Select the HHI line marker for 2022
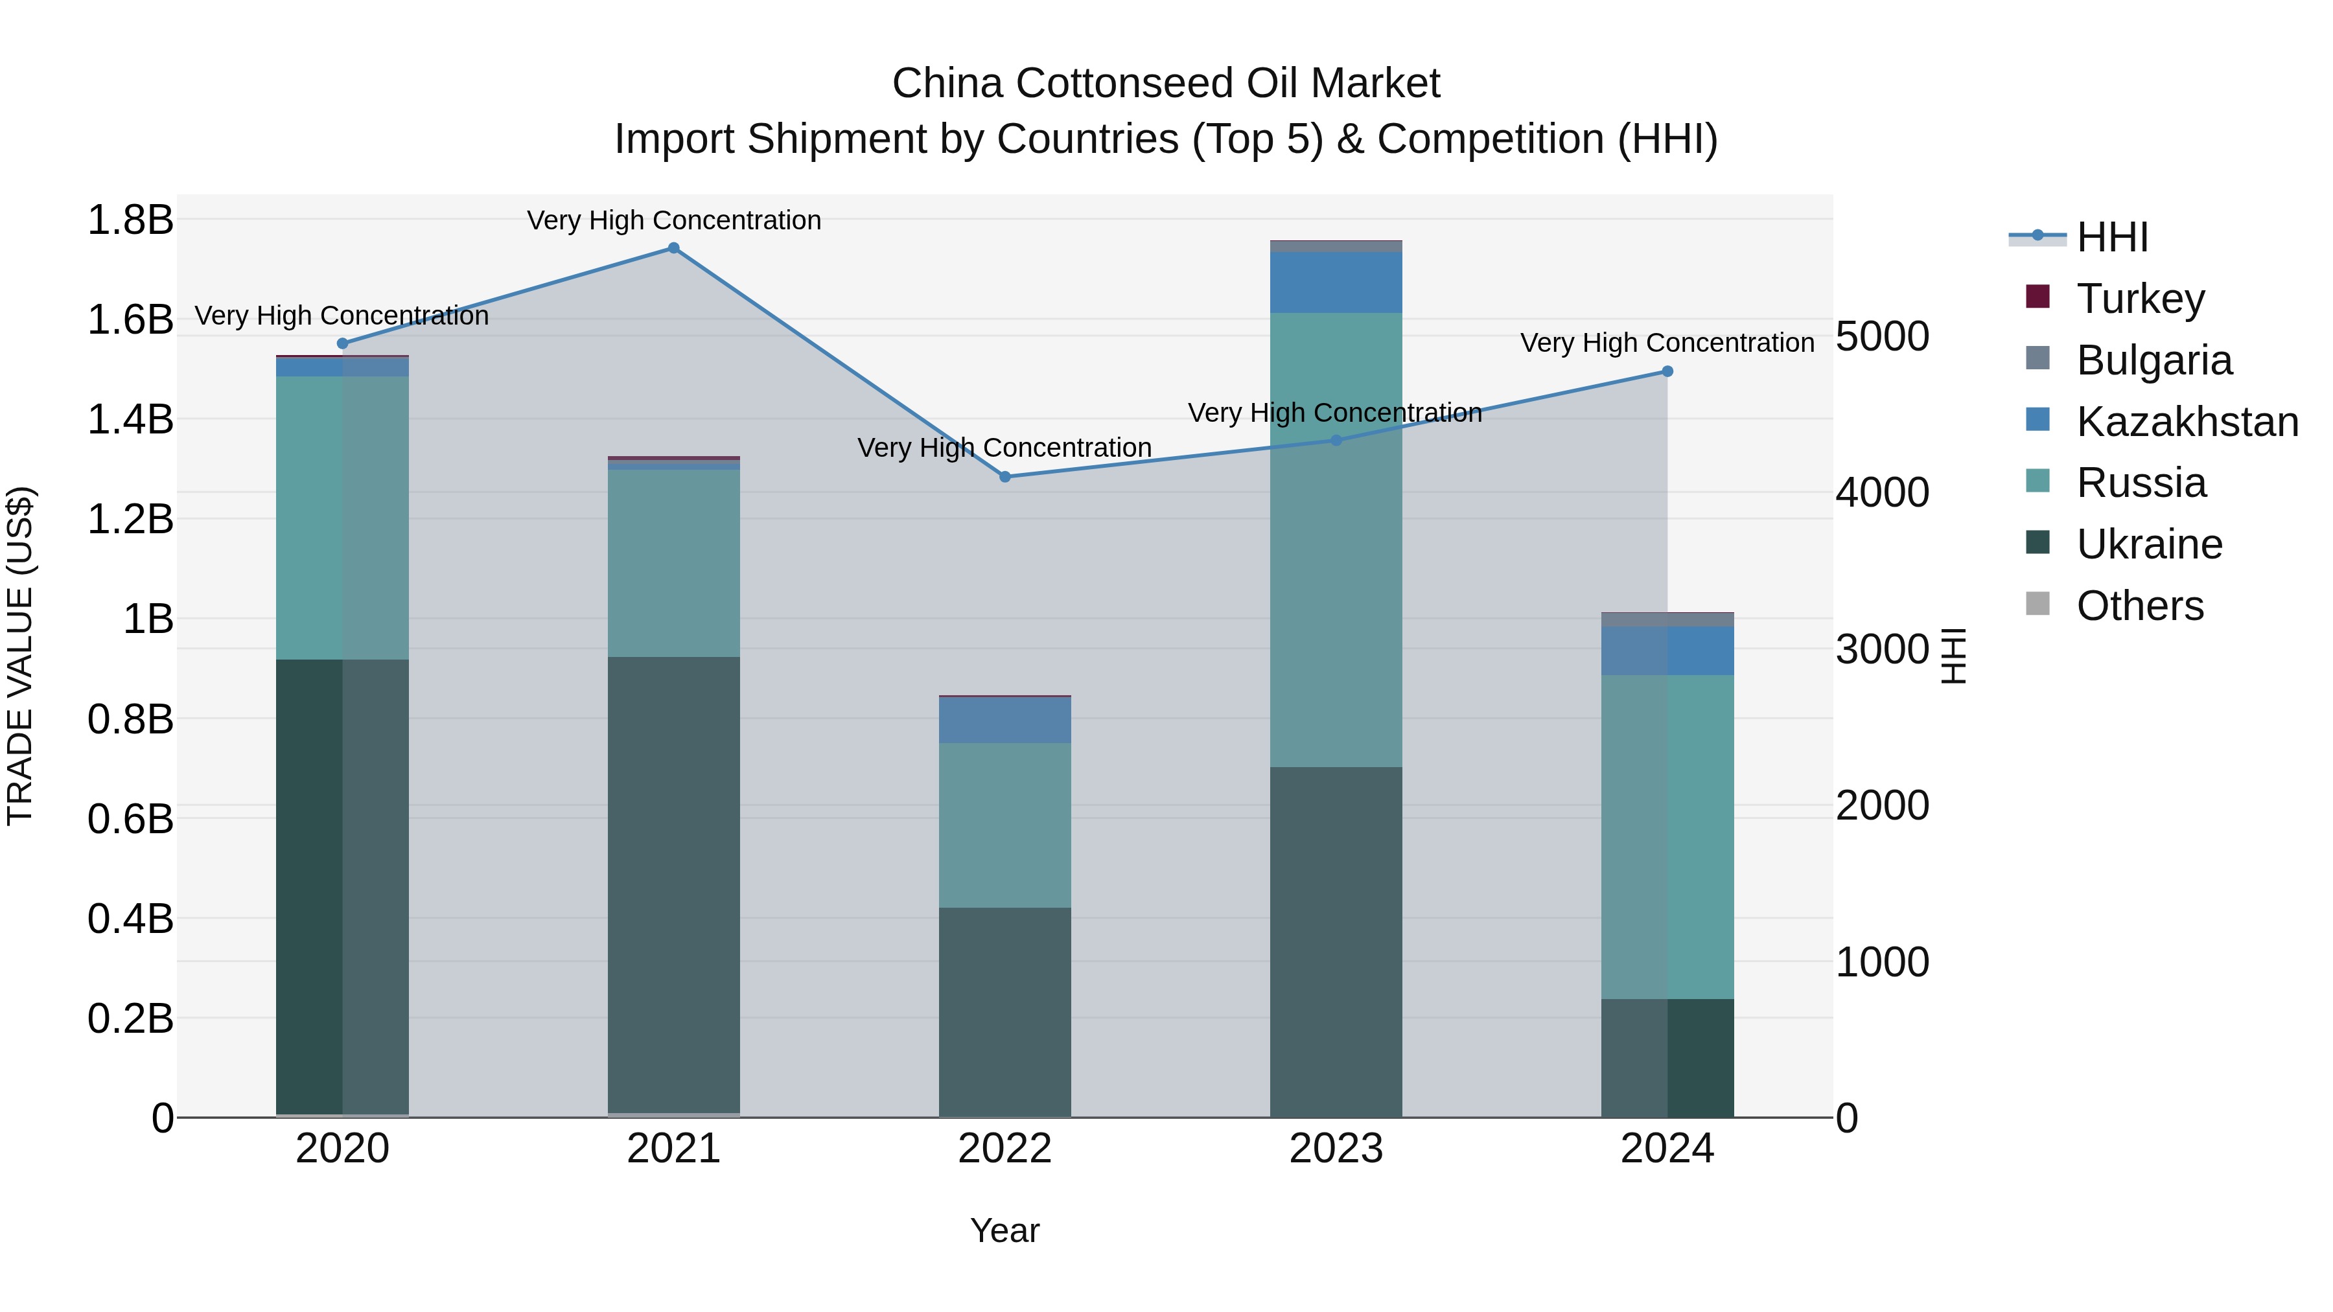point(1004,477)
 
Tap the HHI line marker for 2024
point(1667,371)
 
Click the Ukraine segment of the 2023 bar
point(1336,941)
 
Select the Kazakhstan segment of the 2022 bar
point(1004,720)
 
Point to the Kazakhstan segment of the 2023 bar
point(1336,282)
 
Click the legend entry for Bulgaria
point(2153,360)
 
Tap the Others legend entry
point(2139,606)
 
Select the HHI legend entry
point(2112,237)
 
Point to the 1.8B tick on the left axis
point(130,220)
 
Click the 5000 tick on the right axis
point(1882,337)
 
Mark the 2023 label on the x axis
point(1336,1149)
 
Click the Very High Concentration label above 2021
point(674,220)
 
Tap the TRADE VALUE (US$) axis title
point(20,656)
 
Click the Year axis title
point(1004,1230)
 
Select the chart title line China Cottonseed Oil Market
point(1166,84)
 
